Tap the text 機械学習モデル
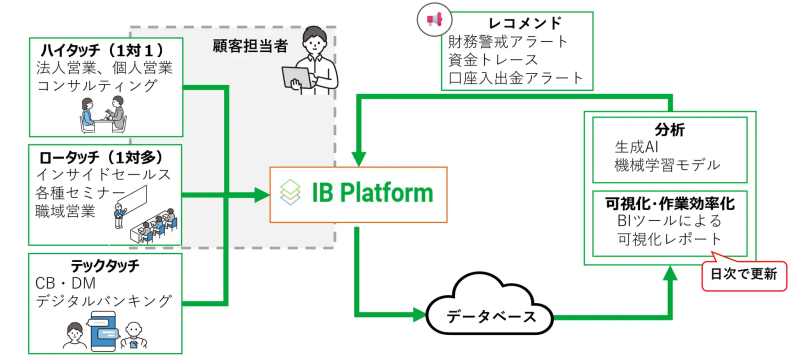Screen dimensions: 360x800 coord(667,165)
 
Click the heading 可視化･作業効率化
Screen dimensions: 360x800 coord(670,203)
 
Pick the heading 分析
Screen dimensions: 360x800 coord(669,128)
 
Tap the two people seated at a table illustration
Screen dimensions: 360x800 coord(103,118)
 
